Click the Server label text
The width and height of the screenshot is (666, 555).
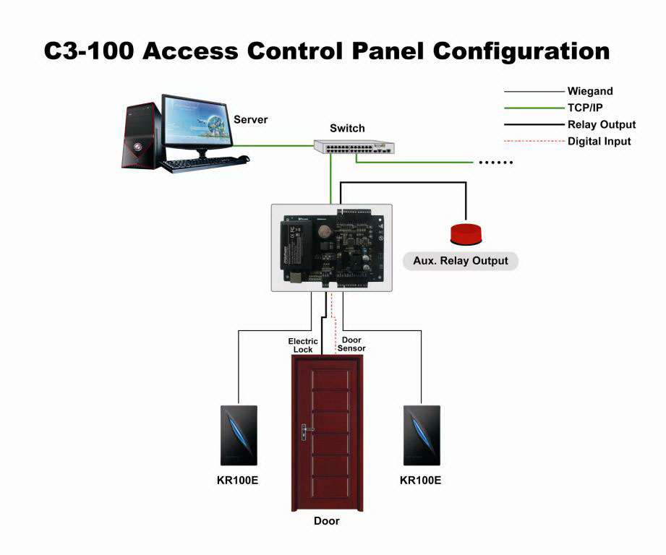click(251, 119)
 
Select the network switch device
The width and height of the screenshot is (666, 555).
click(354, 147)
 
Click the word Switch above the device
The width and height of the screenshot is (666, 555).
click(347, 129)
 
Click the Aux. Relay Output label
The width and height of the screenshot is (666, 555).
click(461, 261)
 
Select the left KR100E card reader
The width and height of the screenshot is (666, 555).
click(239, 436)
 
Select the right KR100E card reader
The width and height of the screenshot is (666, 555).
click(420, 436)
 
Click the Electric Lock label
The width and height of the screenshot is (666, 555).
click(303, 345)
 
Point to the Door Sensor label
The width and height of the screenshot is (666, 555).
click(351, 344)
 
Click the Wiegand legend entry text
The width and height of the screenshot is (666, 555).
click(590, 92)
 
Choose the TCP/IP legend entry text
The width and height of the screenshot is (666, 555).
click(585, 108)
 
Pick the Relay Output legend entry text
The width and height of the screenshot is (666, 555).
click(602, 124)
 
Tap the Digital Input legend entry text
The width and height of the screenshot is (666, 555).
click(599, 142)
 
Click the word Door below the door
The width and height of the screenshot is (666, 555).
click(326, 521)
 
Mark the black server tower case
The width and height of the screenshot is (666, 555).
click(141, 137)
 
